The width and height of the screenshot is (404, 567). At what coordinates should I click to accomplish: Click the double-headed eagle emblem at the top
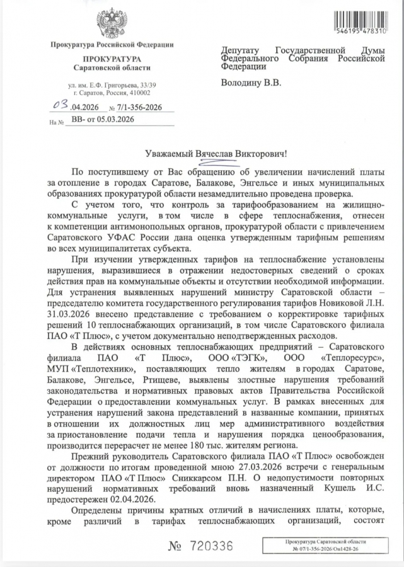(112, 23)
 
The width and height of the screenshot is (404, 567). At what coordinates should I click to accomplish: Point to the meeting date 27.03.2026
(255, 467)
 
